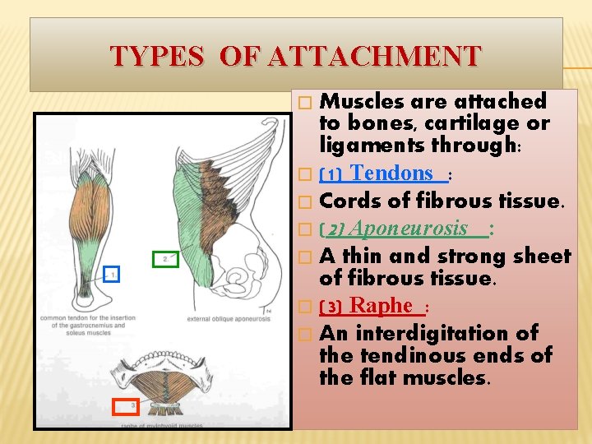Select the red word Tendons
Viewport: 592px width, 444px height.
391,173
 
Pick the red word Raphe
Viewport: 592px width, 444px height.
381,306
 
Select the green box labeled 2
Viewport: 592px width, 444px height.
164,258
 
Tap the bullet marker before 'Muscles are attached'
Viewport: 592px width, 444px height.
305,103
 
